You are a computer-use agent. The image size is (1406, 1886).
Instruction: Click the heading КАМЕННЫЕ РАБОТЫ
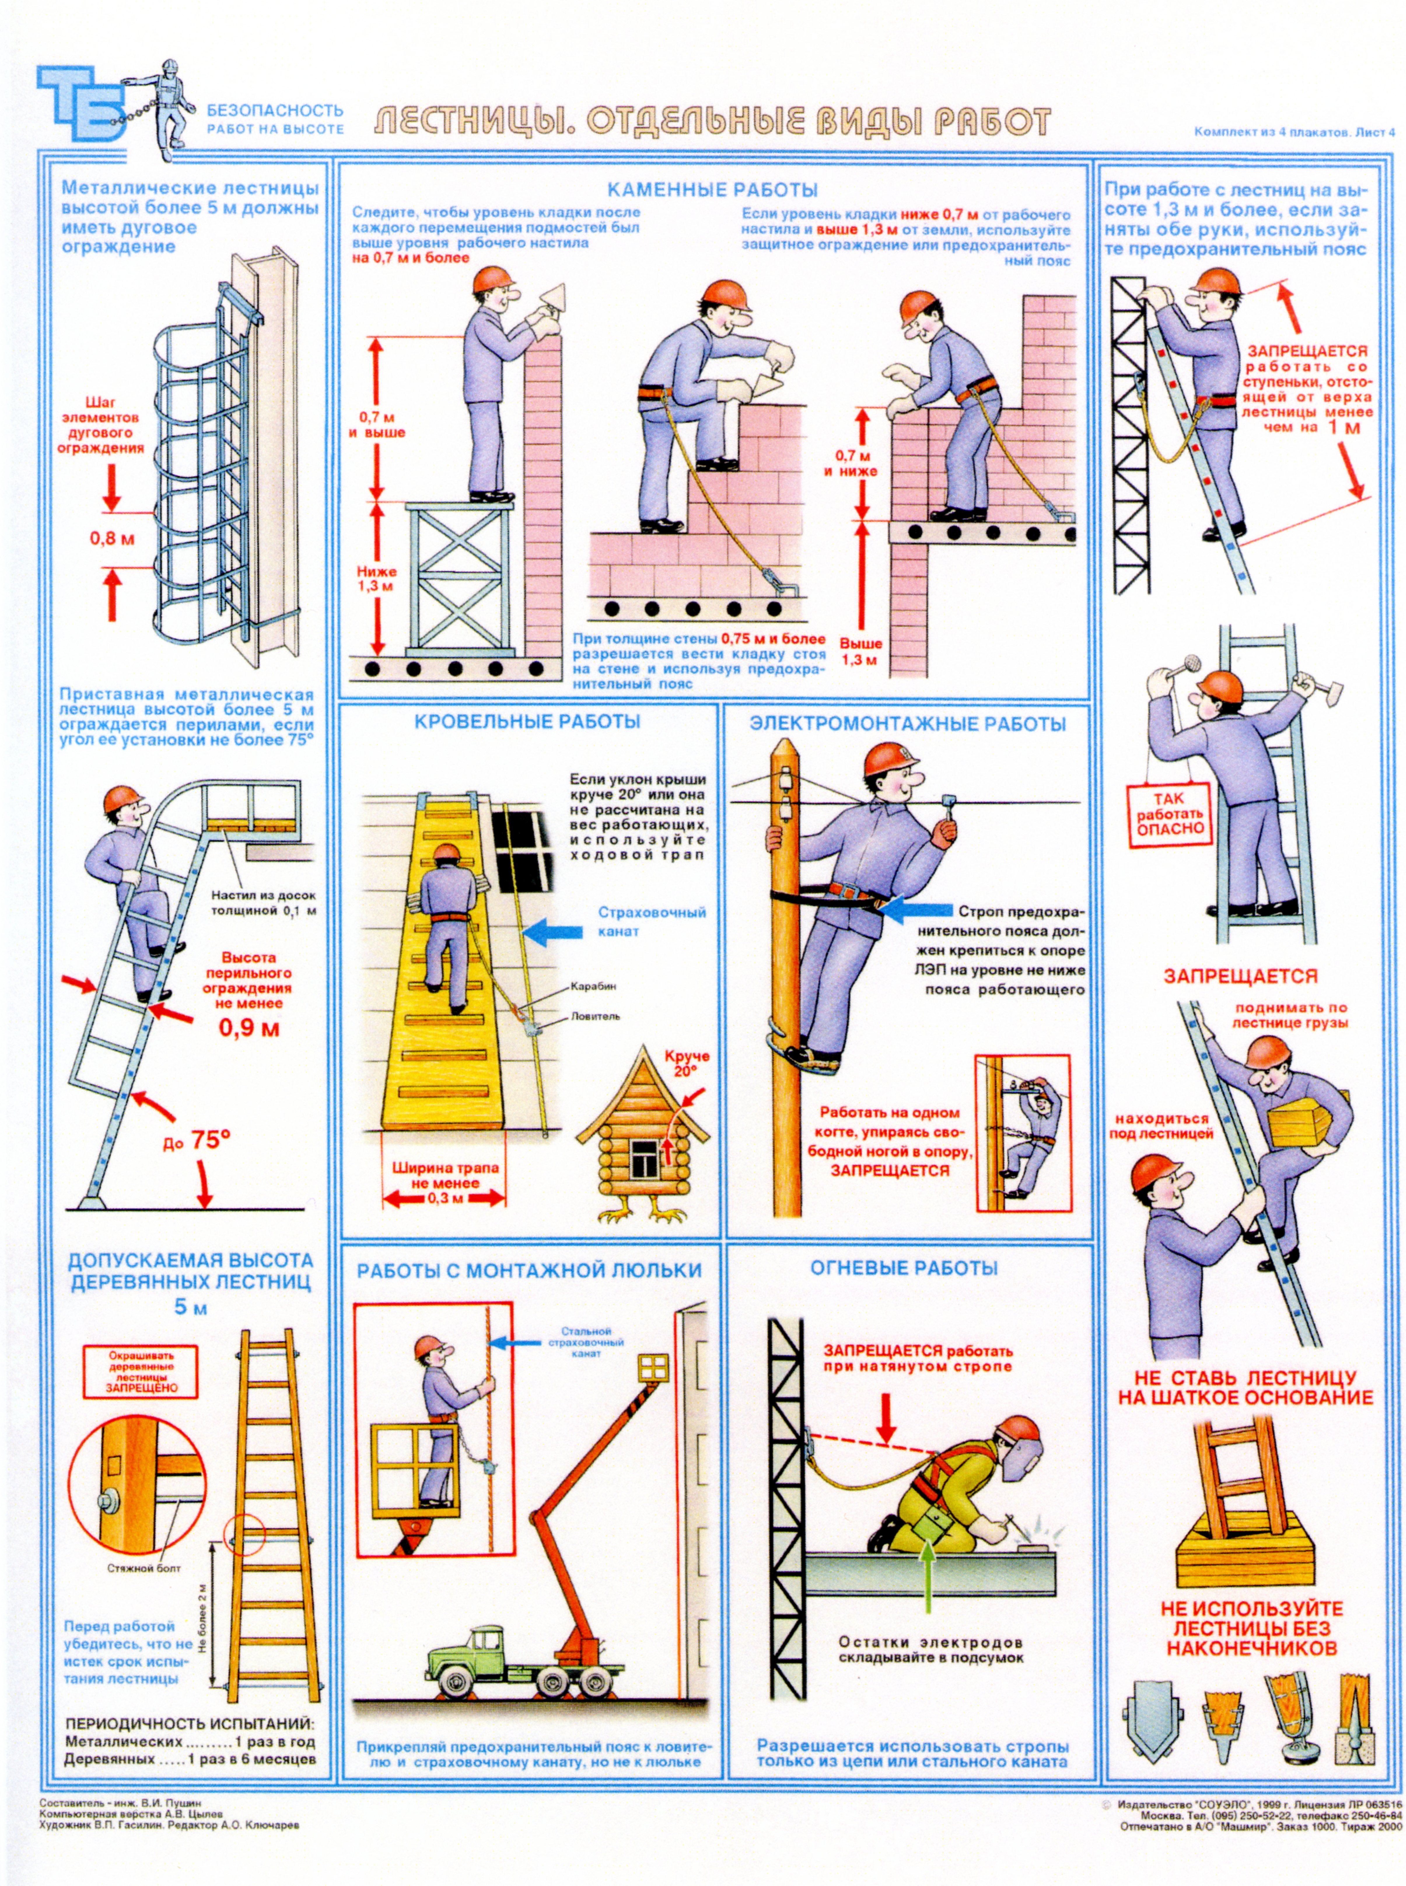[712, 190]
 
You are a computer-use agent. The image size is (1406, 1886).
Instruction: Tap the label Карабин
[593, 987]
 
